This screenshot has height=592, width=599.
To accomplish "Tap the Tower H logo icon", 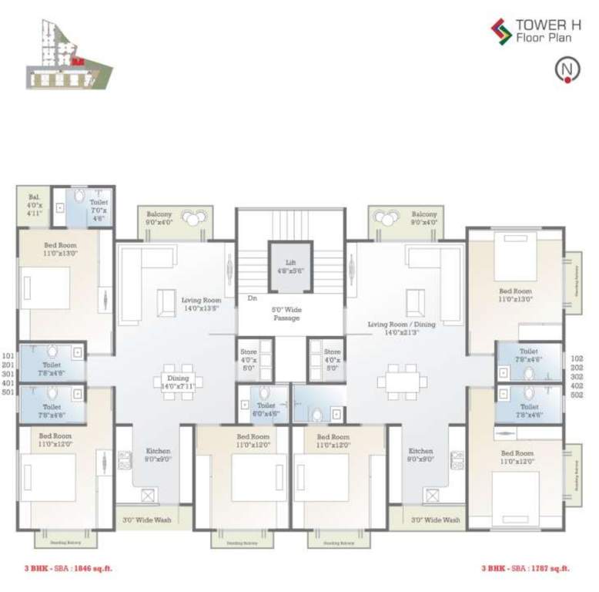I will click(501, 30).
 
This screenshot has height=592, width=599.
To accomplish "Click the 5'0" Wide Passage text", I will click(284, 313).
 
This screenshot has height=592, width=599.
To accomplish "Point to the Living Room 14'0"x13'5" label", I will click(202, 305).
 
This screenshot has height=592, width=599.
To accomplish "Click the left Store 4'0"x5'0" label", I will click(248, 359).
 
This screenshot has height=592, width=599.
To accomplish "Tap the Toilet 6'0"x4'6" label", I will click(266, 409).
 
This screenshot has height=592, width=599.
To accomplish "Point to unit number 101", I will click(8, 356).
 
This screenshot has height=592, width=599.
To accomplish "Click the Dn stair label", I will click(252, 298).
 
